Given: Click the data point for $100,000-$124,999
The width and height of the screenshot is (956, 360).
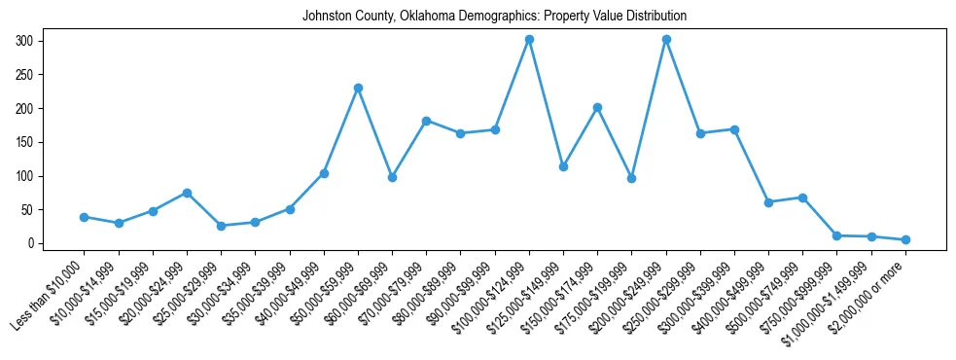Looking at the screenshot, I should click(529, 40).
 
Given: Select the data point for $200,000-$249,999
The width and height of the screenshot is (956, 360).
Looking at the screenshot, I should click(666, 40).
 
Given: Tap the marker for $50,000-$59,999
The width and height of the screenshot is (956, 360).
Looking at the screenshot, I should click(358, 88).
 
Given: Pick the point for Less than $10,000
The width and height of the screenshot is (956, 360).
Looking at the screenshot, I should click(85, 217).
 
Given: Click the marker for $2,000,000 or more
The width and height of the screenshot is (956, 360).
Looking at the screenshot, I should click(905, 239).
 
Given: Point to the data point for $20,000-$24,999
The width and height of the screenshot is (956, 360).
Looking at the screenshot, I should click(187, 193).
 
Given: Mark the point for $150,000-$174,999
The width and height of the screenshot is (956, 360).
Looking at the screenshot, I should click(597, 107).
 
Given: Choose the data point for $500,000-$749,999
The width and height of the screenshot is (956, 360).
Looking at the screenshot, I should click(802, 198).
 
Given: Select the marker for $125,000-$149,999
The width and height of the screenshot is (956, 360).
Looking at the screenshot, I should click(563, 166).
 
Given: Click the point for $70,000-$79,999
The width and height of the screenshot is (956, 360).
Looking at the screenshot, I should click(426, 121).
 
